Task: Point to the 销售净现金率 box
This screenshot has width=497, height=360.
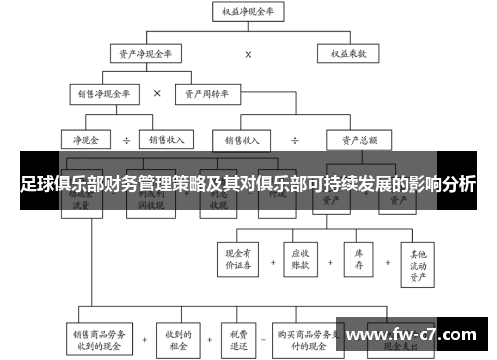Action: point(104,94)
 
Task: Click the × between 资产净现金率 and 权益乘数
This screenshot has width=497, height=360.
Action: point(248,54)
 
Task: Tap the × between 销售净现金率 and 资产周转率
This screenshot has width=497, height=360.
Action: point(157,94)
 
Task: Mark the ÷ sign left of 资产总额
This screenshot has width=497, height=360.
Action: point(295,139)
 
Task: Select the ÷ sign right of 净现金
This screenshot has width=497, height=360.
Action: point(126,139)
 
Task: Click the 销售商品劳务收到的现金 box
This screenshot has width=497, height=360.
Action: point(99,337)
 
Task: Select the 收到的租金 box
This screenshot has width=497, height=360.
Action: point(179,337)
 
